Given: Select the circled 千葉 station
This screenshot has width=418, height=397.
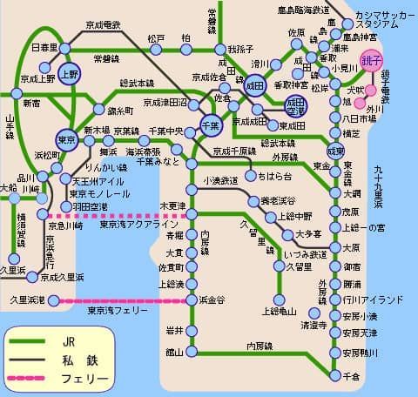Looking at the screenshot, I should click(209, 125).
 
